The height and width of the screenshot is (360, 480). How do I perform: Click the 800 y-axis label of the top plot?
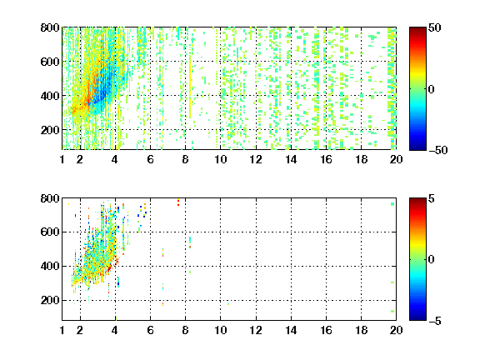click(50, 27)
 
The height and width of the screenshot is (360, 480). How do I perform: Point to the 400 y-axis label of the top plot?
click(50, 96)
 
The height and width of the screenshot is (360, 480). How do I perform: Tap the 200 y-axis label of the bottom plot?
click(50, 300)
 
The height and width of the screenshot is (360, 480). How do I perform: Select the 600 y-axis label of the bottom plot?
click(50, 232)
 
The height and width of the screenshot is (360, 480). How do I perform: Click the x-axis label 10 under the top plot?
click(220, 159)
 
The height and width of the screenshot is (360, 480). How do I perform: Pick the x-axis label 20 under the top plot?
click(396, 159)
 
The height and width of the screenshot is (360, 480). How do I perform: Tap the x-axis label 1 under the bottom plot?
click(62, 330)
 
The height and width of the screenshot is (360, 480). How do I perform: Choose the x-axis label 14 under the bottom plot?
click(291, 330)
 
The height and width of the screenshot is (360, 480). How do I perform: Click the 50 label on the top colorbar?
click(434, 27)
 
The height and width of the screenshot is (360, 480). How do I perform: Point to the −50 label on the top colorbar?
click(438, 150)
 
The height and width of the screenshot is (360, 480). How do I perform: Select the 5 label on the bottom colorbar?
click(432, 198)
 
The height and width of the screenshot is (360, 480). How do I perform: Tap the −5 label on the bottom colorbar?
click(435, 321)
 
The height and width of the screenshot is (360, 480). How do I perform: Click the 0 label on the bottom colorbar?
click(432, 260)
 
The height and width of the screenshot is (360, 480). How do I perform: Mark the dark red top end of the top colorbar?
click(417, 28)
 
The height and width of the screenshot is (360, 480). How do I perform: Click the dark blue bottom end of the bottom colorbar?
click(417, 318)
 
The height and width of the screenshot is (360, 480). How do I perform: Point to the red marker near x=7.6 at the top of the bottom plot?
click(178, 202)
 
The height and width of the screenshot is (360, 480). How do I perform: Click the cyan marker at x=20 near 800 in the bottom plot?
click(392, 204)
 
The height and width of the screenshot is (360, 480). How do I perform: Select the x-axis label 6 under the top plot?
click(150, 159)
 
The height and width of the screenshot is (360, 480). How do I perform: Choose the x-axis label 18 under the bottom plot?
click(361, 330)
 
